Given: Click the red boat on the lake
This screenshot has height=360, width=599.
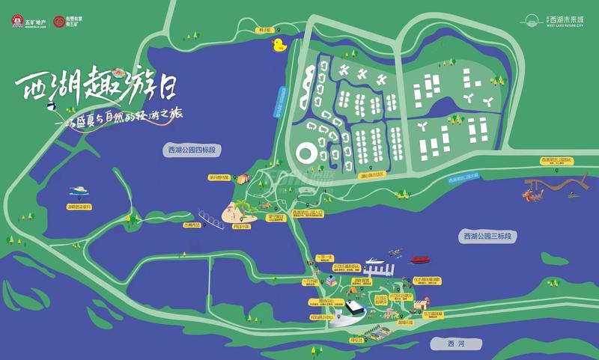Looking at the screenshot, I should click(x=419, y=260).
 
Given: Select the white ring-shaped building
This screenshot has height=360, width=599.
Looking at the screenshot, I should click(x=306, y=154).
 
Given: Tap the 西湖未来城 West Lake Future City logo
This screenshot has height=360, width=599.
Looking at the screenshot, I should click(x=557, y=20).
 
